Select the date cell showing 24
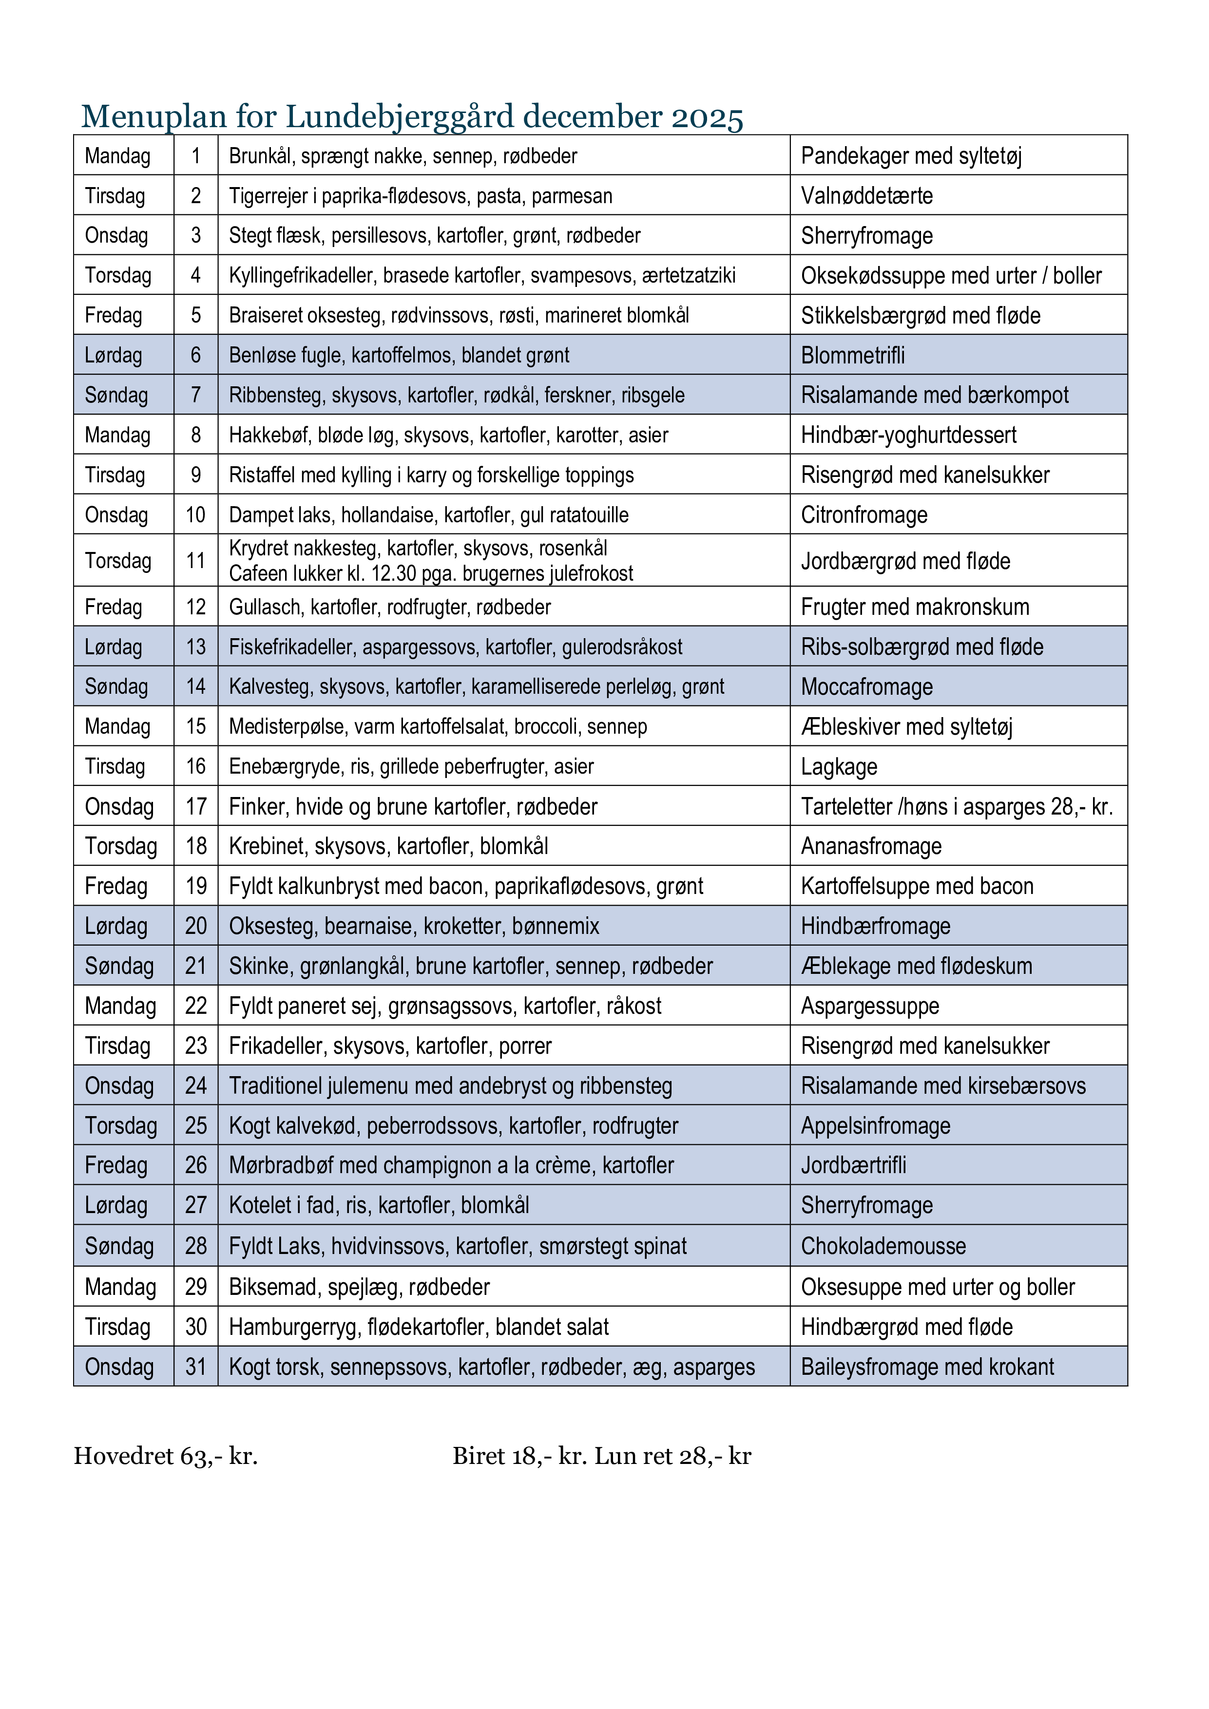196,1085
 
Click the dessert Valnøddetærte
866,196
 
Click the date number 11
196,560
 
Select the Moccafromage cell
866,686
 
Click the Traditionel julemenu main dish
450,1085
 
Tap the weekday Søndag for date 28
119,1246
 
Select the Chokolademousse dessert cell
883,1246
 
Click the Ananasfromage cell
871,846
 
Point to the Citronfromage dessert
864,514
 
